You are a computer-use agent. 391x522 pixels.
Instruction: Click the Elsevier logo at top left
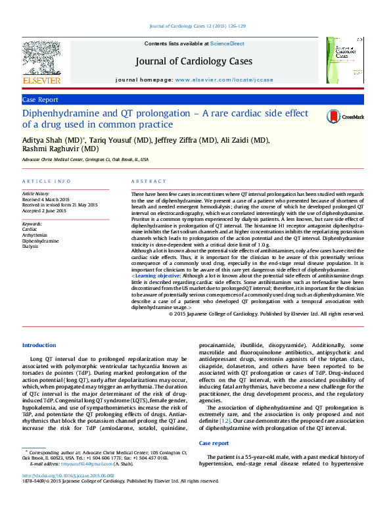tap(41, 62)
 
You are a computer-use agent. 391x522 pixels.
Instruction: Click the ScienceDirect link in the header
tap(227, 43)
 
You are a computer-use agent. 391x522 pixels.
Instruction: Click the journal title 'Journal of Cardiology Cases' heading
tap(194, 61)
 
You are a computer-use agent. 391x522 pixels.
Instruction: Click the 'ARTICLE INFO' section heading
tap(46, 181)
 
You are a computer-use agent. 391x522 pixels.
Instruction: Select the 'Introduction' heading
tap(39, 345)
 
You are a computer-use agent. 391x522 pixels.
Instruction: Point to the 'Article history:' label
tap(36, 195)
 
